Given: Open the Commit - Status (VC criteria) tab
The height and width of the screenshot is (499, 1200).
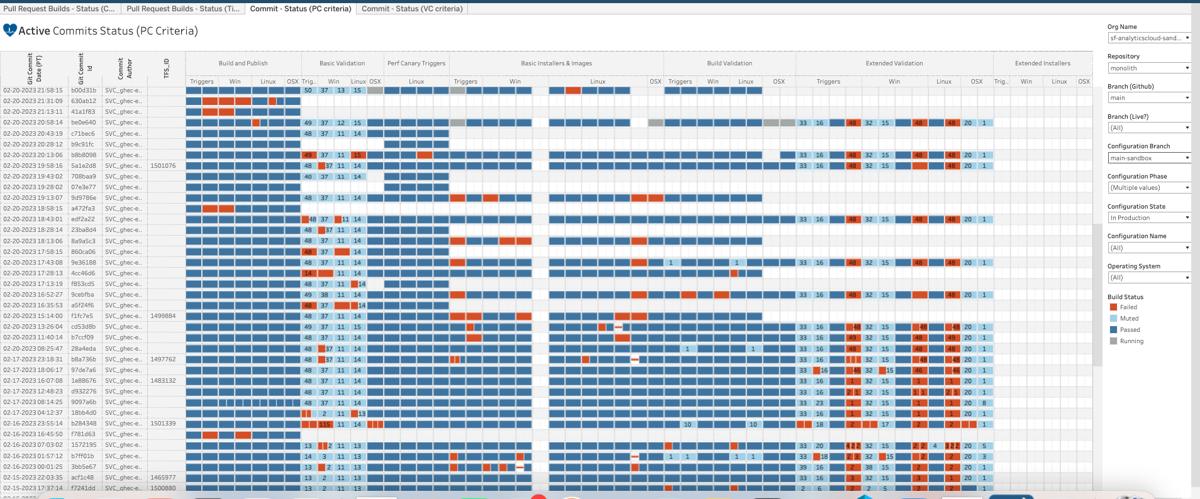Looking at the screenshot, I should pos(412,9).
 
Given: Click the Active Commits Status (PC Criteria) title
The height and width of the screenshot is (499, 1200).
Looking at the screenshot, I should pos(108,31).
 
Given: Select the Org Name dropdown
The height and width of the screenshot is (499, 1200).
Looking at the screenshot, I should pos(1148,38).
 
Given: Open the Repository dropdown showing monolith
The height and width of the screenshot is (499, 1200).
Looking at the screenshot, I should pos(1148,68).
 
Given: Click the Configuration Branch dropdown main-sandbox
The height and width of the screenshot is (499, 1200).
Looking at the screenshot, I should pos(1148,158).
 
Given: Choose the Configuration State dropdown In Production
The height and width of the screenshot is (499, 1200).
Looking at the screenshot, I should pos(1148,217).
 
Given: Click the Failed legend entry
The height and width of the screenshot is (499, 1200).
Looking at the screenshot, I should pos(1128,307).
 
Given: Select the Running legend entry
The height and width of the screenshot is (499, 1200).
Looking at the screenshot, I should pos(1131,341).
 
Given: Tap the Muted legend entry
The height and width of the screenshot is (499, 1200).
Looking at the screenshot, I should pos(1128,319).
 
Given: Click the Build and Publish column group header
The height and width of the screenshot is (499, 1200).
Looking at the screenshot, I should pos(243,63).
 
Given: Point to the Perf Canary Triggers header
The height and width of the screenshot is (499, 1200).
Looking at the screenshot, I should pos(416,63).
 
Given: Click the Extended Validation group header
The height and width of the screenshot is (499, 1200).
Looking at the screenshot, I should pos(894,63).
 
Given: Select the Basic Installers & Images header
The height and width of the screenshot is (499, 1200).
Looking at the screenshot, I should pos(556,63).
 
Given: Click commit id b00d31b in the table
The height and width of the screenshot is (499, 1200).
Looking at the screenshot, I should pos(84,90).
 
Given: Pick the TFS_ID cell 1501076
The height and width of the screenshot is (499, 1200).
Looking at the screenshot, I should pos(163,166).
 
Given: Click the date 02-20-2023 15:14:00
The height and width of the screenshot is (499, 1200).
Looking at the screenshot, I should pos(33,316).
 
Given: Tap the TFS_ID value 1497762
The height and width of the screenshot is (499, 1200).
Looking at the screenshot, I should pos(163,359).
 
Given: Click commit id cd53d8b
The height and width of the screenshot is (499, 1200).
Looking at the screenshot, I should pos(84,327).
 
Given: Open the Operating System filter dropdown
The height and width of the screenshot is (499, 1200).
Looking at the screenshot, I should pos(1148,277).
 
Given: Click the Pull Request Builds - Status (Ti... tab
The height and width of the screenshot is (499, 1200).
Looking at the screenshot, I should pos(182,9).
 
